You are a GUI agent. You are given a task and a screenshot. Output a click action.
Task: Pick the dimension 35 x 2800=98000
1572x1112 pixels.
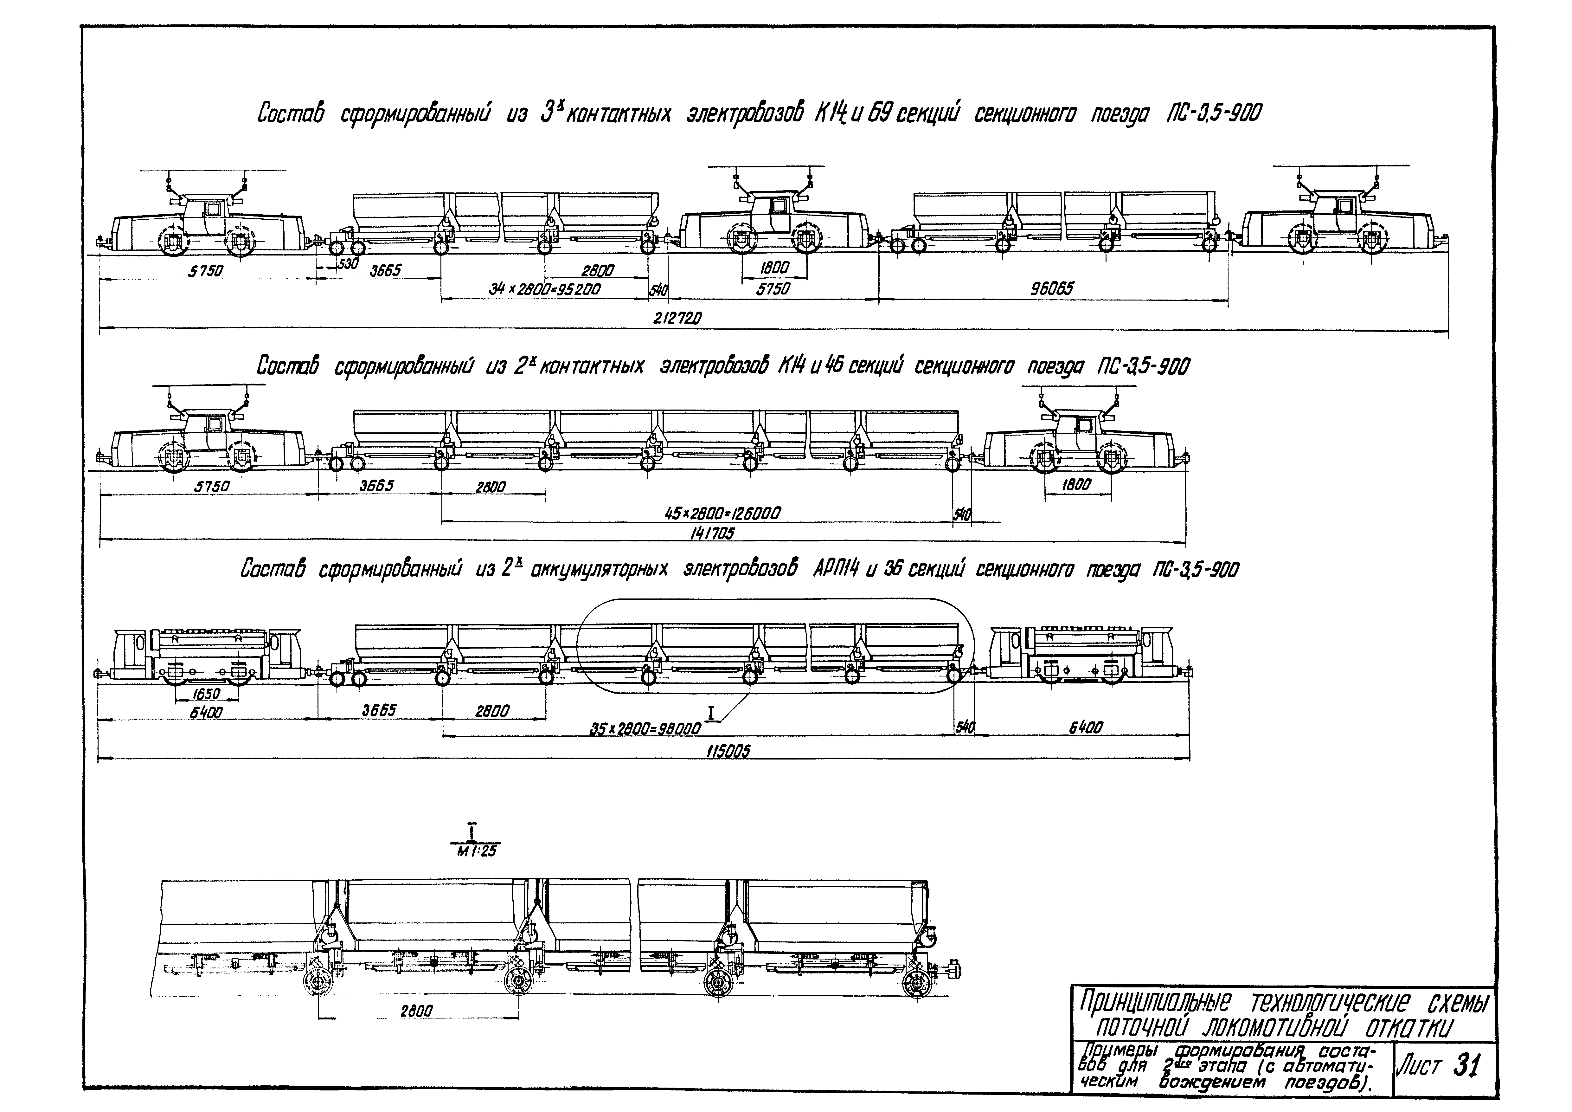[x=645, y=729]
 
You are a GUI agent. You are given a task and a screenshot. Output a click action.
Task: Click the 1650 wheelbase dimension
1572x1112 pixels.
[x=205, y=694]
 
